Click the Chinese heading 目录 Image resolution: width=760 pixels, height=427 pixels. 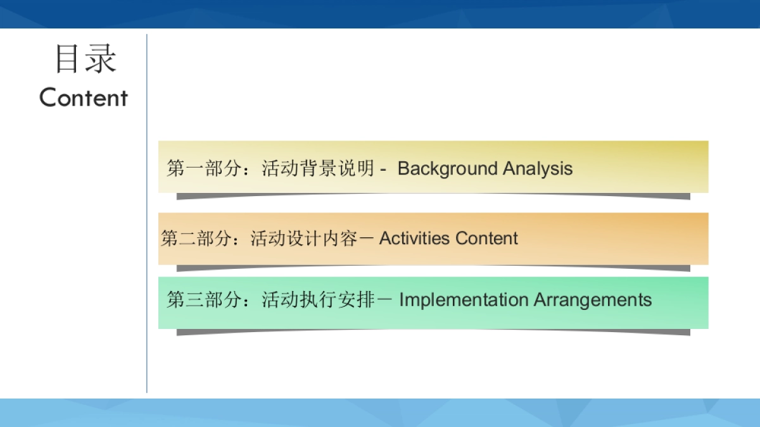[86, 59]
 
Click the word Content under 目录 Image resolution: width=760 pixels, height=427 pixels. [84, 97]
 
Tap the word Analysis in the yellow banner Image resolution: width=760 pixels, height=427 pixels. [538, 169]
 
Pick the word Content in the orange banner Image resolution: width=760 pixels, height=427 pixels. [486, 238]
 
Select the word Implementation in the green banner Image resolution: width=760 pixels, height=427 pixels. [464, 300]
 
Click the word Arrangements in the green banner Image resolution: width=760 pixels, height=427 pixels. [593, 300]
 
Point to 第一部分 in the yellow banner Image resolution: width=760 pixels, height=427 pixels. [204, 168]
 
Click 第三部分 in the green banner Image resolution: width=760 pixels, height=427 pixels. [204, 300]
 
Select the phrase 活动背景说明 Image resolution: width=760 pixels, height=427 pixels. [318, 168]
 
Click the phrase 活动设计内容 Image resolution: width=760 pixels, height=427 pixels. [304, 238]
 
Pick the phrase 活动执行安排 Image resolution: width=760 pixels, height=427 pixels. [318, 300]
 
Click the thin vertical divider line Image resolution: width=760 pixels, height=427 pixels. [147, 214]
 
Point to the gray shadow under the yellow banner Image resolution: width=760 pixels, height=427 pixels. [433, 196]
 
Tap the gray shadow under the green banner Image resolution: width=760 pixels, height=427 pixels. [433, 332]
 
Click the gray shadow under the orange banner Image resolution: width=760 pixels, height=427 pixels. [433, 268]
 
